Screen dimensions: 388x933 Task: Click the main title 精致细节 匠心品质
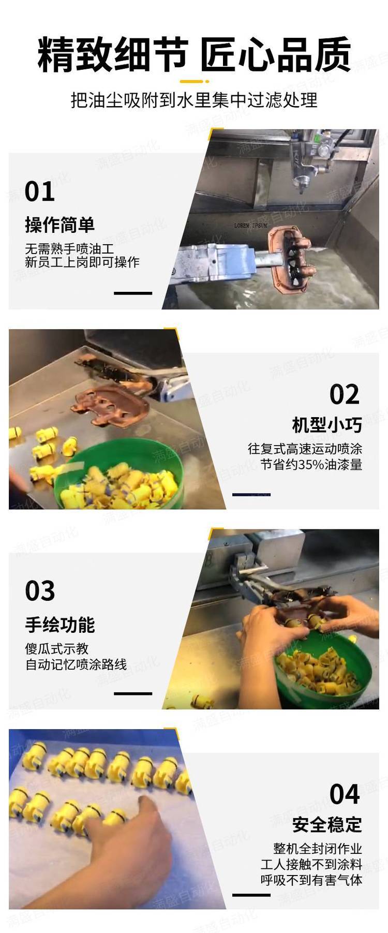tap(194, 54)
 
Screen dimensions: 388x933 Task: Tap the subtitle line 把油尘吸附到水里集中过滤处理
tap(194, 100)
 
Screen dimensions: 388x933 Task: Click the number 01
tap(40, 192)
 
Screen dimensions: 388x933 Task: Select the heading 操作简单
tap(60, 225)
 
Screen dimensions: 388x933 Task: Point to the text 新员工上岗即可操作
tap(82, 262)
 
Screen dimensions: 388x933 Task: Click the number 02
tap(345, 395)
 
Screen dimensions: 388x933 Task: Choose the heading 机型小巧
tap(327, 425)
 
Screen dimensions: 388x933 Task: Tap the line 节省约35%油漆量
tap(311, 465)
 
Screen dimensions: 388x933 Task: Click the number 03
tap(40, 591)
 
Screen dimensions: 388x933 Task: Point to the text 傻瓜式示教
tap(57, 649)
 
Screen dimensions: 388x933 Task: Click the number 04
tap(345, 794)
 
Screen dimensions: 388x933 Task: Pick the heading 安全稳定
tap(327, 825)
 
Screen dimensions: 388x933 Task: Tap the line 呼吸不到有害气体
tap(311, 880)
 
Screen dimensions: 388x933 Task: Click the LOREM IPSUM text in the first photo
tap(251, 226)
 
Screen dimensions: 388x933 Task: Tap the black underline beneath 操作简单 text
tap(133, 293)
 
